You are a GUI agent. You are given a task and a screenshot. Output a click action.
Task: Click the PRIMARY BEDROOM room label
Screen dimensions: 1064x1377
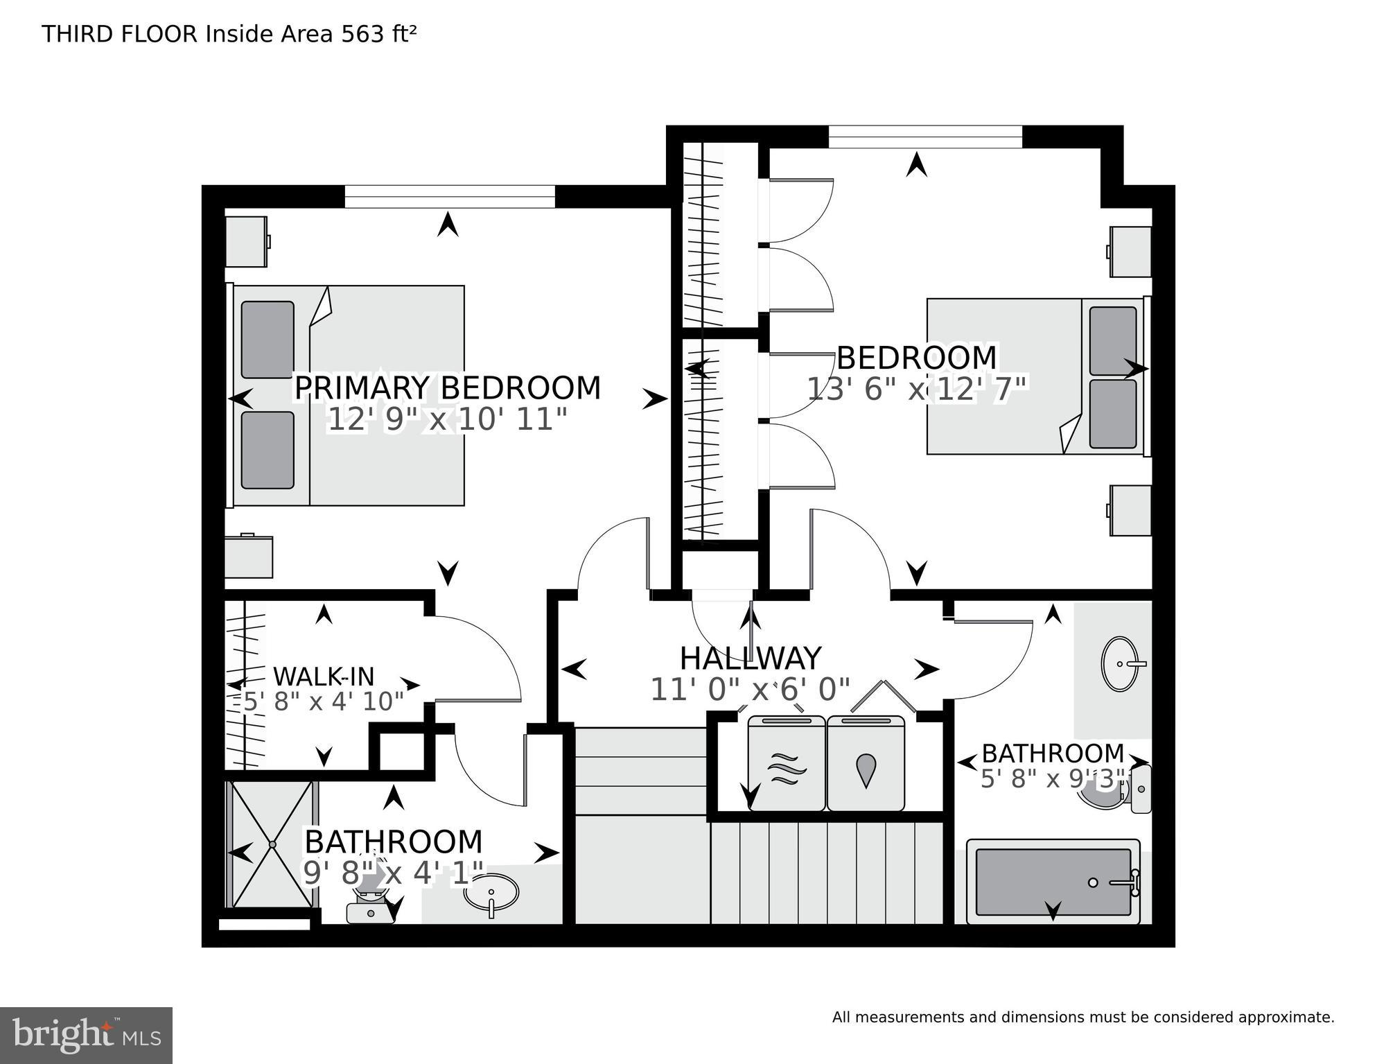coord(448,388)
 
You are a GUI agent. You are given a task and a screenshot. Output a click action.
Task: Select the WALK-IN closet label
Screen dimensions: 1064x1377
coord(323,677)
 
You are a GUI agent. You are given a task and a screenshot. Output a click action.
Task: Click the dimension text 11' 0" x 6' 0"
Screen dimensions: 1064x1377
coord(750,690)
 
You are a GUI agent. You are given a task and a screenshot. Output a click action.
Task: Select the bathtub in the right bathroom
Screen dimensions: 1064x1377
coord(1053,882)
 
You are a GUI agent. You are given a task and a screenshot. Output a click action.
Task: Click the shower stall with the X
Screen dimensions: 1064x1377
coord(272,844)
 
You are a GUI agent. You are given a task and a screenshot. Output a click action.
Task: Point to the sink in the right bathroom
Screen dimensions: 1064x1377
coord(1120,664)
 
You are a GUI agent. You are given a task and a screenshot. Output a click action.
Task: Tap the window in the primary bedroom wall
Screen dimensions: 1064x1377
coord(450,196)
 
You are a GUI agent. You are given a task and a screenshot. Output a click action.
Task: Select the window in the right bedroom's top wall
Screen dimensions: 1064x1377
coord(925,137)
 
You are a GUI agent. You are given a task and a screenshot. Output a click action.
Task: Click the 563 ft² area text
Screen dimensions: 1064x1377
coord(378,34)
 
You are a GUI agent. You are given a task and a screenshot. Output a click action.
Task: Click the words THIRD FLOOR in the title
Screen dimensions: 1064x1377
coord(120,34)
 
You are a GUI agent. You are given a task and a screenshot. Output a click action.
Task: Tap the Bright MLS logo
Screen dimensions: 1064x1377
coord(86,1036)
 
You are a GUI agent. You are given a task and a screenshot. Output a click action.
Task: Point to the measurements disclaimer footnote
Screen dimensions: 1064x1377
coord(1082,1018)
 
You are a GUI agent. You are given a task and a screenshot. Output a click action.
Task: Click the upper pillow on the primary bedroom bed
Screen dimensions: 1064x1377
coord(267,340)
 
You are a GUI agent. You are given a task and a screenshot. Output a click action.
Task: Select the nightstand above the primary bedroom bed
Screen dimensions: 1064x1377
coord(246,241)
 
